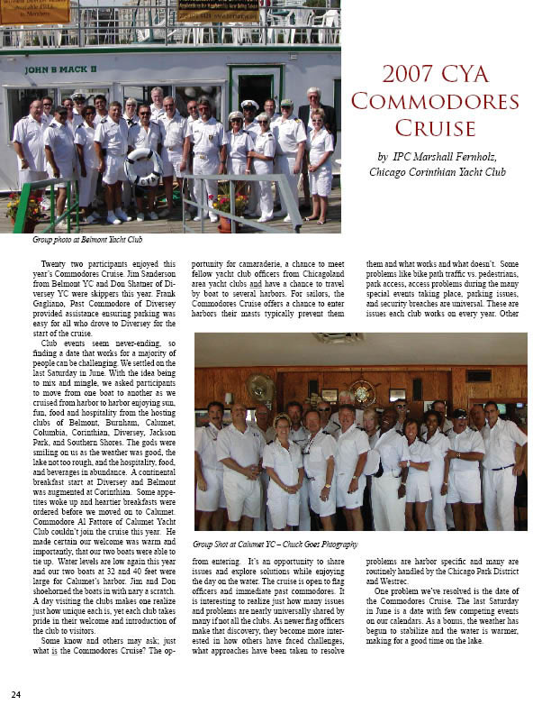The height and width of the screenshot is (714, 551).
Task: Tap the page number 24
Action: click(x=16, y=694)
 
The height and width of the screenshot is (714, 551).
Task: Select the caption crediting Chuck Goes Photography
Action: click(x=275, y=545)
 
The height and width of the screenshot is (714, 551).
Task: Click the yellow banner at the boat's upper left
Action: click(x=34, y=11)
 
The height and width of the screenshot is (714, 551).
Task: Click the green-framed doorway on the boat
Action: click(x=255, y=90)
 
